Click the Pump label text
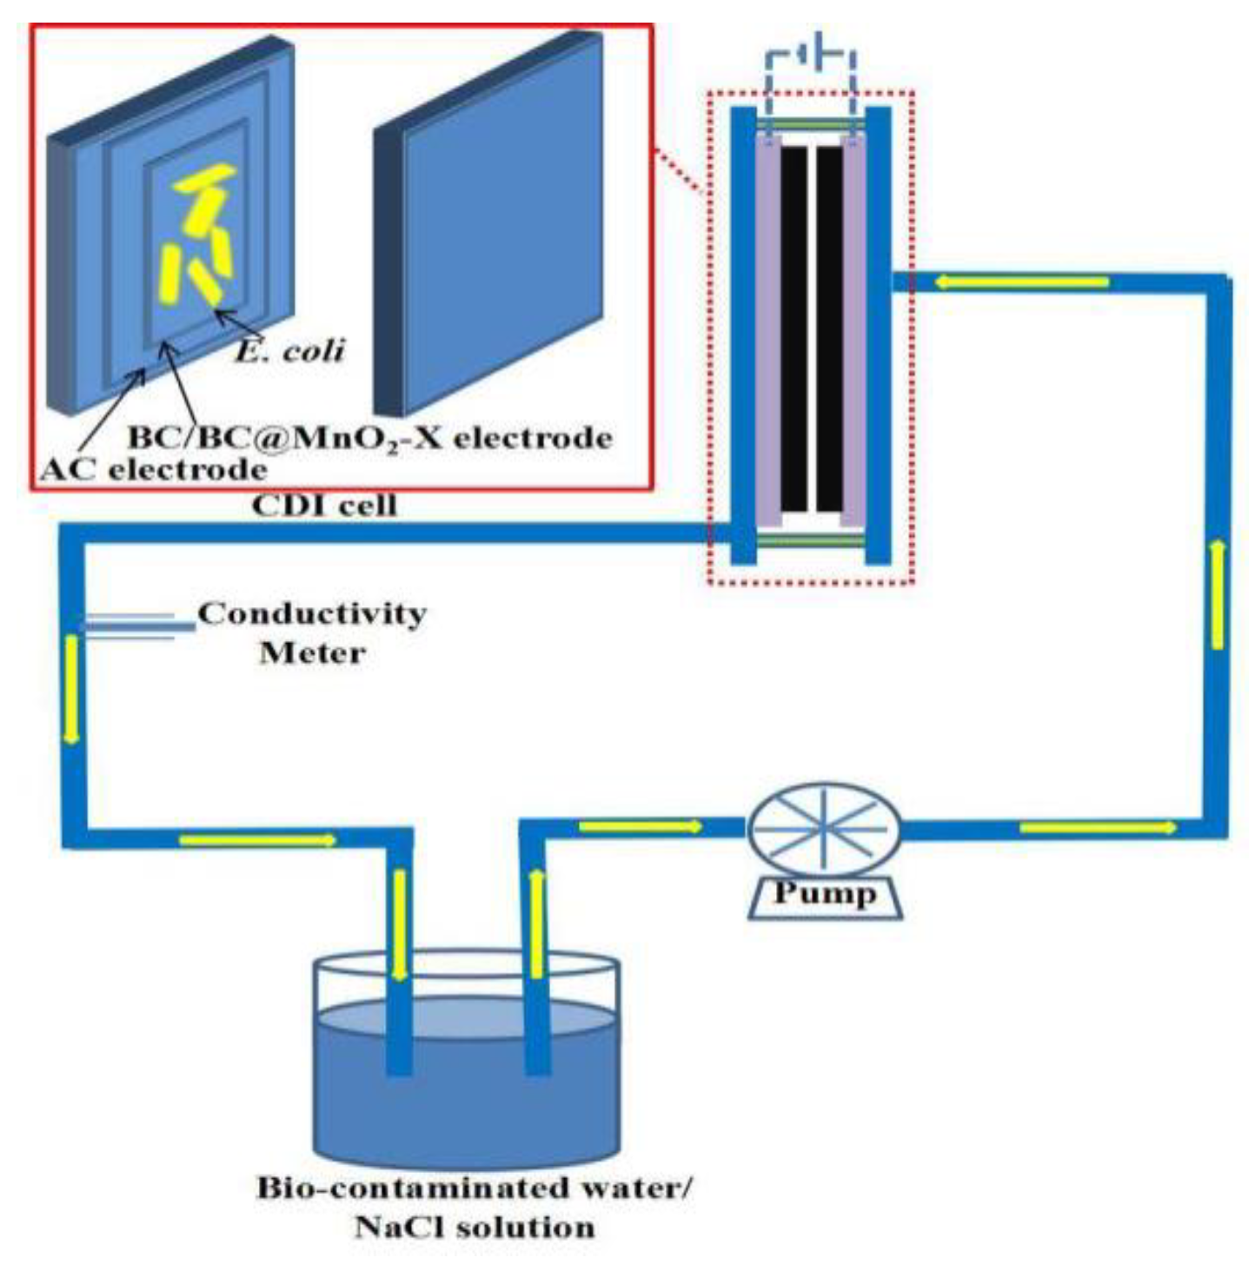[824, 893]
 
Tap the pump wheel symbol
[824, 829]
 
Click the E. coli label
[290, 349]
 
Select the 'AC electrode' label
[154, 469]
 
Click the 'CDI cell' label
[324, 505]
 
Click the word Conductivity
[312, 613]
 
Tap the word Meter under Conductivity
[312, 652]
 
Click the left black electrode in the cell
[793, 328]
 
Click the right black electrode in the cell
[829, 328]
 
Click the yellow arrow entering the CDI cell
[1021, 281]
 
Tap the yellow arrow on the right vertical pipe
[1218, 594]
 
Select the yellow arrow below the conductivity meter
[71, 690]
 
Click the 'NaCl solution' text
[475, 1228]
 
